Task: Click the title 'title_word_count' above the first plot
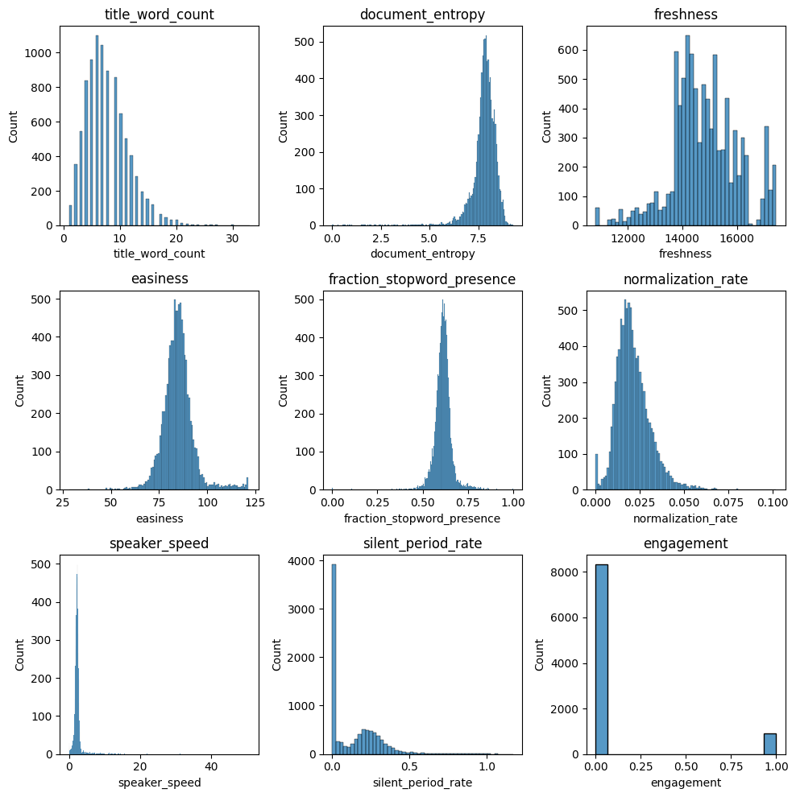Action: point(160,14)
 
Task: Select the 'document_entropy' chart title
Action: point(422,14)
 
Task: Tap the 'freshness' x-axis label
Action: point(686,254)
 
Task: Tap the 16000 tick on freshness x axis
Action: point(737,238)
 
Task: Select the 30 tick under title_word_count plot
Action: point(232,238)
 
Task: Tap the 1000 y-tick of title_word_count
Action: point(40,53)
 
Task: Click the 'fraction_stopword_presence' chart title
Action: point(422,279)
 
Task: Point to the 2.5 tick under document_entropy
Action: point(380,238)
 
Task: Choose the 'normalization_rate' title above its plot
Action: point(686,279)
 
